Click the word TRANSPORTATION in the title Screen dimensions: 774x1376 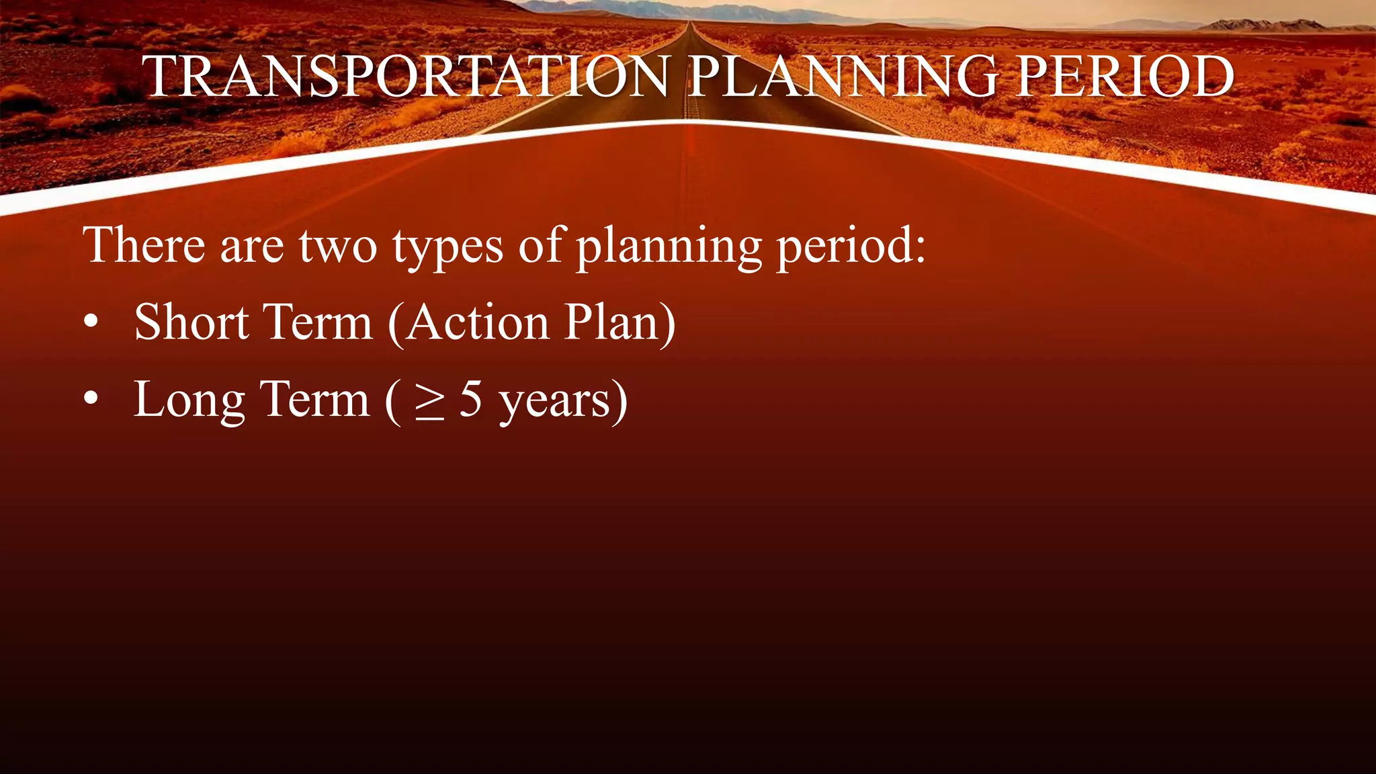click(406, 76)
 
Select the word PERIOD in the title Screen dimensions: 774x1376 click(1125, 76)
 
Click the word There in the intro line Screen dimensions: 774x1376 click(143, 245)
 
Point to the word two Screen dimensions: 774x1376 click(338, 247)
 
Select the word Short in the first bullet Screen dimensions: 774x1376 click(191, 322)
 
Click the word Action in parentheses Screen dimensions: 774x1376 click(477, 323)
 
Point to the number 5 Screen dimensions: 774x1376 click(470, 400)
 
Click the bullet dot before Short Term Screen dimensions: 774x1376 click(91, 323)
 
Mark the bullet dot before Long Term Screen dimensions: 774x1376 click(91, 400)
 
